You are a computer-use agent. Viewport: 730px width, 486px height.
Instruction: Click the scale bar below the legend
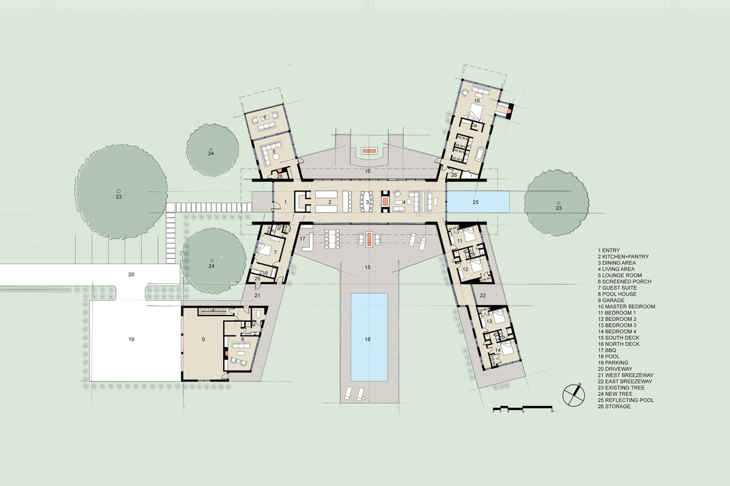point(523,408)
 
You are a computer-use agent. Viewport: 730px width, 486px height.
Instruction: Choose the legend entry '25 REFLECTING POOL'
point(626,400)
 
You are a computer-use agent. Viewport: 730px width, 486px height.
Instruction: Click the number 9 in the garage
point(203,340)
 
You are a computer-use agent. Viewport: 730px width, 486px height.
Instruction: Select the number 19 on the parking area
point(131,339)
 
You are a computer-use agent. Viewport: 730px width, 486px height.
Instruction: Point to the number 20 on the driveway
point(131,275)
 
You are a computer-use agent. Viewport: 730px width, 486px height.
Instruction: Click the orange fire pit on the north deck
point(368,151)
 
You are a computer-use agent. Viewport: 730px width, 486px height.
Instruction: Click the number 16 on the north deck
point(368,171)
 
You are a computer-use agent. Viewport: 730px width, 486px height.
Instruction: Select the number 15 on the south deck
point(368,267)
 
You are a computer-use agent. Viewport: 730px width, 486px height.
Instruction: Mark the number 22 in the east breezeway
point(483,295)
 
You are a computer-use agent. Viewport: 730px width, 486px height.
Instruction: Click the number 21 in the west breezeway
point(257,295)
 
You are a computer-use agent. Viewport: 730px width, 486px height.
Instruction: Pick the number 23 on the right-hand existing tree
point(559,208)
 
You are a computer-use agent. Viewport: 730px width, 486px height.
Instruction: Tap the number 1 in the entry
point(286,201)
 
